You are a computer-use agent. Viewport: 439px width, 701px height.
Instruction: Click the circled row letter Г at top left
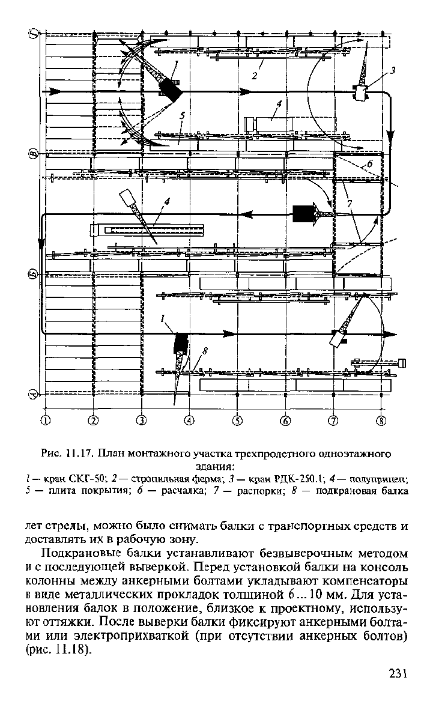pos(33,33)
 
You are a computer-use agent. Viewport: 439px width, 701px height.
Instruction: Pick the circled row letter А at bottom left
pos(33,394)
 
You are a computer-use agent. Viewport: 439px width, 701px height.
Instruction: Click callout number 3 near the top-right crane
pos(392,70)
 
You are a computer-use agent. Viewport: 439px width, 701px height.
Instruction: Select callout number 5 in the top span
pos(182,115)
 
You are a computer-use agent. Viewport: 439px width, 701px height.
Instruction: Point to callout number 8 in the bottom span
pos(205,352)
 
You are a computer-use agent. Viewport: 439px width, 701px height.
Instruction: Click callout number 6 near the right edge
pos(369,164)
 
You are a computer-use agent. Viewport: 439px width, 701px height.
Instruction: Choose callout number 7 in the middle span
pos(350,204)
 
